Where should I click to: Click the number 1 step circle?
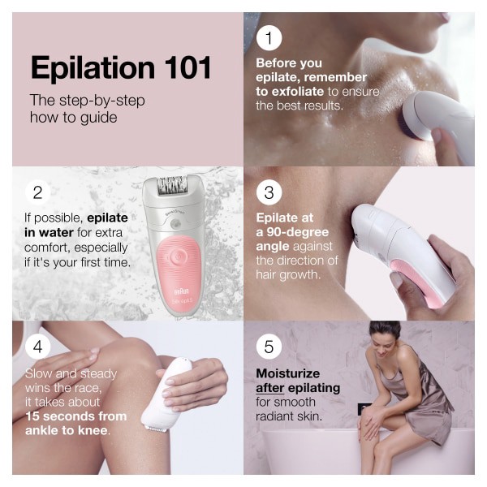click(268, 38)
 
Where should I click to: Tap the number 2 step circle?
click(37, 192)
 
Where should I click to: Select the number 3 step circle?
click(268, 192)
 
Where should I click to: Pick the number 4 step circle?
click(37, 347)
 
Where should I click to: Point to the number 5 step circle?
click(268, 347)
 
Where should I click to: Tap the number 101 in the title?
click(186, 68)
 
